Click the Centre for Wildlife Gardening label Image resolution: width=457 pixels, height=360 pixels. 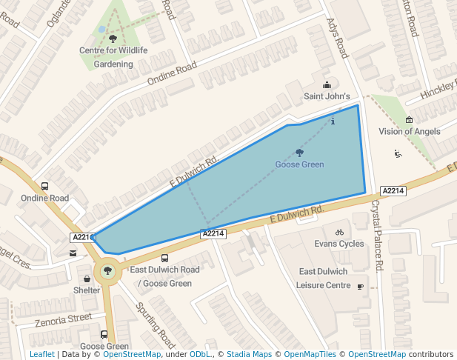113,57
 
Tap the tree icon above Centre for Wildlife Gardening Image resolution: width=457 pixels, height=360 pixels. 113,38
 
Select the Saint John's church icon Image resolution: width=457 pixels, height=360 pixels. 327,84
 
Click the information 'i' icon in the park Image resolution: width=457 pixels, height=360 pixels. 333,121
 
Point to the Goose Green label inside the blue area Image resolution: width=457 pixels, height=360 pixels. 299,164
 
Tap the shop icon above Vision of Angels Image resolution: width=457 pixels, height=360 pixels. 409,120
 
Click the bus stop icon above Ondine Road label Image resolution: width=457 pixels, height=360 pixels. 45,187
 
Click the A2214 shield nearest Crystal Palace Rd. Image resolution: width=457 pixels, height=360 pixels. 393,190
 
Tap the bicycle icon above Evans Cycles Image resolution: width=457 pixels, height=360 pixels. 339,232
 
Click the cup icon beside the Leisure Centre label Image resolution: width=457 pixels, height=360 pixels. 361,286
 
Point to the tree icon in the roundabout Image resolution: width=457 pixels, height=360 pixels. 108,271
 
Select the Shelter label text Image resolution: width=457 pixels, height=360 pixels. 86,290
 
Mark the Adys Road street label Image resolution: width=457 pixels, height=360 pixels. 337,39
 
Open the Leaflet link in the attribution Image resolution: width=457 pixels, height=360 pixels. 41,354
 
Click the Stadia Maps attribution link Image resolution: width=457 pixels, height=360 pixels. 249,354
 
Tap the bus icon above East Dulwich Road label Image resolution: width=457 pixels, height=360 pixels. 164,258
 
